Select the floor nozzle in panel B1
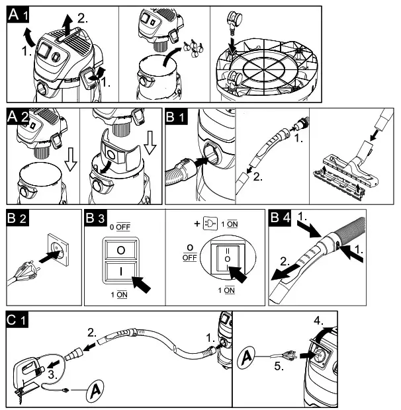pos(344,173)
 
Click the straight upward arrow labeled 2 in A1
pos(67,26)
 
